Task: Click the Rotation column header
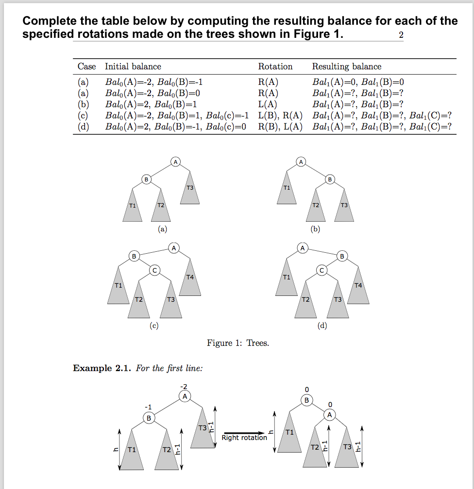coord(275,66)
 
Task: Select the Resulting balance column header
coord(346,66)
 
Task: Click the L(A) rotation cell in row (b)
coord(268,104)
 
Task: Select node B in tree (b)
coord(330,180)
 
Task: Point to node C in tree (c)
coord(154,270)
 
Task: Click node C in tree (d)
coord(322,270)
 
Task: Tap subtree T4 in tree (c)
coord(190,281)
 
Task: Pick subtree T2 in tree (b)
coord(316,209)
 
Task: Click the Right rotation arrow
coord(244,433)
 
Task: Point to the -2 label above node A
coord(183,386)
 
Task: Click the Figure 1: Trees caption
coord(237,343)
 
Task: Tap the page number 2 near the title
coord(401,35)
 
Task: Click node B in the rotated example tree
coord(306,400)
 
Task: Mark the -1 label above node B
coord(148,407)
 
